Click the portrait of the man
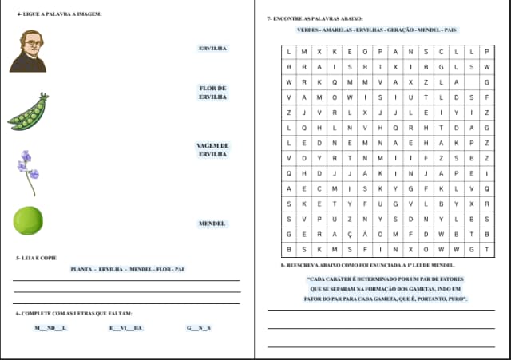[x=29, y=51]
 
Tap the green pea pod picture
[x=29, y=113]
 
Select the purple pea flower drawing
[x=28, y=170]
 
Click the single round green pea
[x=28, y=220]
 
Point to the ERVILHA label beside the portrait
[x=212, y=49]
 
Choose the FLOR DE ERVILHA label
[x=212, y=93]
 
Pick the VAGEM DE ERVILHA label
[x=212, y=149]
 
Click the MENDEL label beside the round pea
[x=212, y=224]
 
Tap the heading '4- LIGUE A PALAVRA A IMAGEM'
[x=59, y=14]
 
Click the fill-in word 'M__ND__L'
[x=52, y=328]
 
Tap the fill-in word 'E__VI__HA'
[x=126, y=328]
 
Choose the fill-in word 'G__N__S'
[x=199, y=328]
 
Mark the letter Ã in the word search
[x=364, y=234]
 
